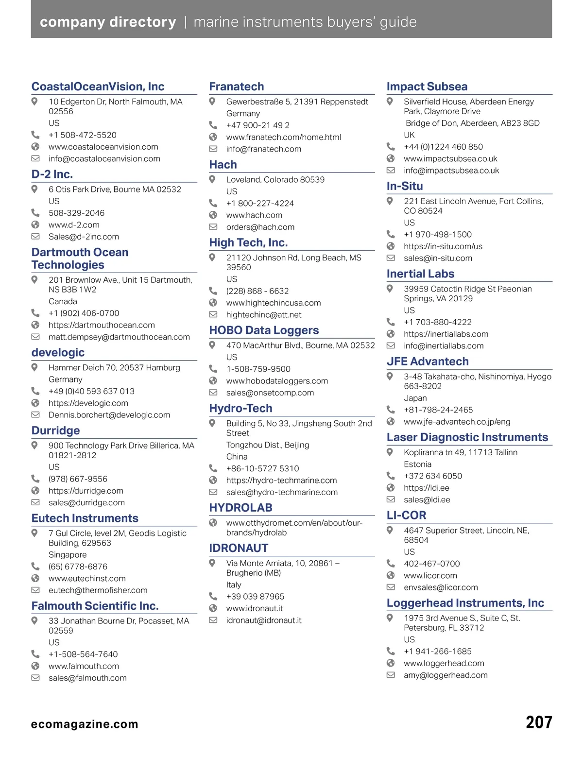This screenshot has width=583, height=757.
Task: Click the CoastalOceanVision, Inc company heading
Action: tap(98, 86)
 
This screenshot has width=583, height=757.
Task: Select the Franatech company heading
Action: tap(236, 86)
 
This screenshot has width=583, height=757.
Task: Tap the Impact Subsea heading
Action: tap(427, 86)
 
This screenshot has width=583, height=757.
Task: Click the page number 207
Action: tap(539, 723)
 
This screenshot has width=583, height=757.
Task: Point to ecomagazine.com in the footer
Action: tap(85, 724)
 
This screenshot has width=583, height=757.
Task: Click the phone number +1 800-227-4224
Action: tap(259, 203)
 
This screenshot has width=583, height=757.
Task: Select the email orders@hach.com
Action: tap(260, 227)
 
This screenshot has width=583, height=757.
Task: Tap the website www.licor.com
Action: tap(430, 575)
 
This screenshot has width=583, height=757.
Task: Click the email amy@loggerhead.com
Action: tap(446, 675)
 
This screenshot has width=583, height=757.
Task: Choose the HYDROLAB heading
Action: tap(240, 508)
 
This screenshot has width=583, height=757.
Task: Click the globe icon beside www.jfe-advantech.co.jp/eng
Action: tap(391, 421)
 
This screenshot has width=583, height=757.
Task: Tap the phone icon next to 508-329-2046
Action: tap(35, 212)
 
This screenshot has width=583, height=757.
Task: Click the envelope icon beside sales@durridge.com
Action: tap(35, 502)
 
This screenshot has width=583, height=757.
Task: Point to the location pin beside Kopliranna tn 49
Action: tap(390, 452)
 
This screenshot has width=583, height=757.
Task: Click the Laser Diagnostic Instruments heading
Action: tap(467, 437)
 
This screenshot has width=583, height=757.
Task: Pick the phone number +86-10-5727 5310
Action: tap(262, 468)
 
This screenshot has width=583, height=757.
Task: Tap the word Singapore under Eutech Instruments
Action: tap(68, 554)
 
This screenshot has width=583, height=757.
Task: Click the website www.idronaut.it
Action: tap(254, 608)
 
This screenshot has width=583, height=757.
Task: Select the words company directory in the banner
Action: tap(108, 22)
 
